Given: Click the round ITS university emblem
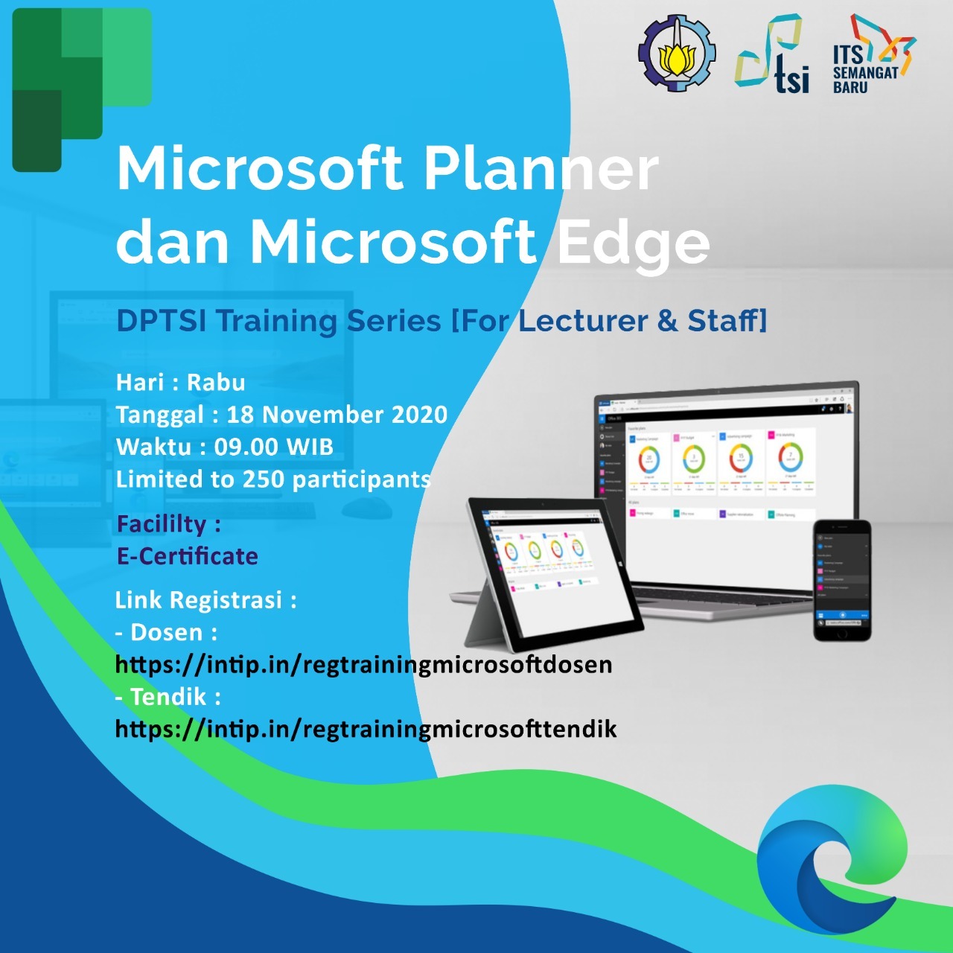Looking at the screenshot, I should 677,54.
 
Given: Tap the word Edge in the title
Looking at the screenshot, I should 634,243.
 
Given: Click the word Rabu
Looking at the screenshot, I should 216,383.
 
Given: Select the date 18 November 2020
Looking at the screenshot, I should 337,415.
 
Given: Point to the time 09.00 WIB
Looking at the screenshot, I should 273,447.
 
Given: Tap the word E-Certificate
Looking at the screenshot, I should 188,556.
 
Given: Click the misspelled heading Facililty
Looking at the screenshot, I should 162,524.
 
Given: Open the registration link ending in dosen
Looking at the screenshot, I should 363,664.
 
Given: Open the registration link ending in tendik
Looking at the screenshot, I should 366,729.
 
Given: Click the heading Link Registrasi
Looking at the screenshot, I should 205,600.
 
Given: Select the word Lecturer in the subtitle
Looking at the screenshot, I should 582,321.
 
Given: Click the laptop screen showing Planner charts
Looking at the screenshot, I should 722,469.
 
